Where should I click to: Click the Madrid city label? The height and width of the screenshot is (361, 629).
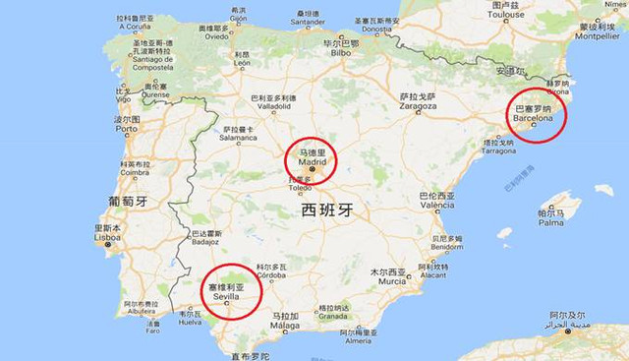pos(311,162)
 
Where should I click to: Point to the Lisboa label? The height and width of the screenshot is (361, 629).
pos(107,237)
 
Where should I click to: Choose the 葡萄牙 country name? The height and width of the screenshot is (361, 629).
pos(128,201)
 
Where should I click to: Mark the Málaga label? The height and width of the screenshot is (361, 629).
pos(285,325)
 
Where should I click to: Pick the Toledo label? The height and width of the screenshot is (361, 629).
pos(301,187)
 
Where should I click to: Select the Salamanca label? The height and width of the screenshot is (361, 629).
pos(238,139)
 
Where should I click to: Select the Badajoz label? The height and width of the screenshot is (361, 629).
pos(205,241)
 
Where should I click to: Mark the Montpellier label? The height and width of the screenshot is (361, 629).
pos(598,35)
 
